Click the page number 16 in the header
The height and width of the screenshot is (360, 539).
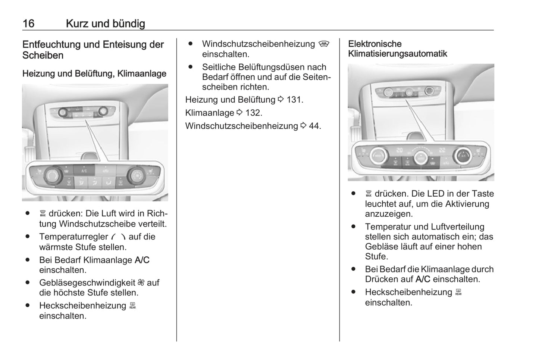[28, 24]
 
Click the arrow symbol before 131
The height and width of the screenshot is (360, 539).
[281, 99]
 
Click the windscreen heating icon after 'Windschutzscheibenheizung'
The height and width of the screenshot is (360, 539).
[324, 44]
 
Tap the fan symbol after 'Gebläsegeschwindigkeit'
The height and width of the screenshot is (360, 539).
[141, 282]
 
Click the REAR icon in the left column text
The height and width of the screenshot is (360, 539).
[132, 306]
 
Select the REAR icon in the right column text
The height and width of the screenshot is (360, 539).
[458, 292]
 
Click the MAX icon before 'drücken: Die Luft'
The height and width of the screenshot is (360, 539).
[43, 213]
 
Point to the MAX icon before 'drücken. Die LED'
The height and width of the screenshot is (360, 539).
[369, 194]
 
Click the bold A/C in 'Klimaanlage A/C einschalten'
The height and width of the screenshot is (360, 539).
[142, 260]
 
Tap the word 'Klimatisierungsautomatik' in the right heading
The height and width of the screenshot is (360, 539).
[398, 54]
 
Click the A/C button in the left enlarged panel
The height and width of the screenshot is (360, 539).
[84, 170]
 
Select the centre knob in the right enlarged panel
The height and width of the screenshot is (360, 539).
[421, 158]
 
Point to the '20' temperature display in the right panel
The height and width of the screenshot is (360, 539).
[399, 150]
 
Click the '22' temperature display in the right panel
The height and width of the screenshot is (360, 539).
[442, 150]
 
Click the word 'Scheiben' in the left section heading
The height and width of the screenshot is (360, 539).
[43, 55]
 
